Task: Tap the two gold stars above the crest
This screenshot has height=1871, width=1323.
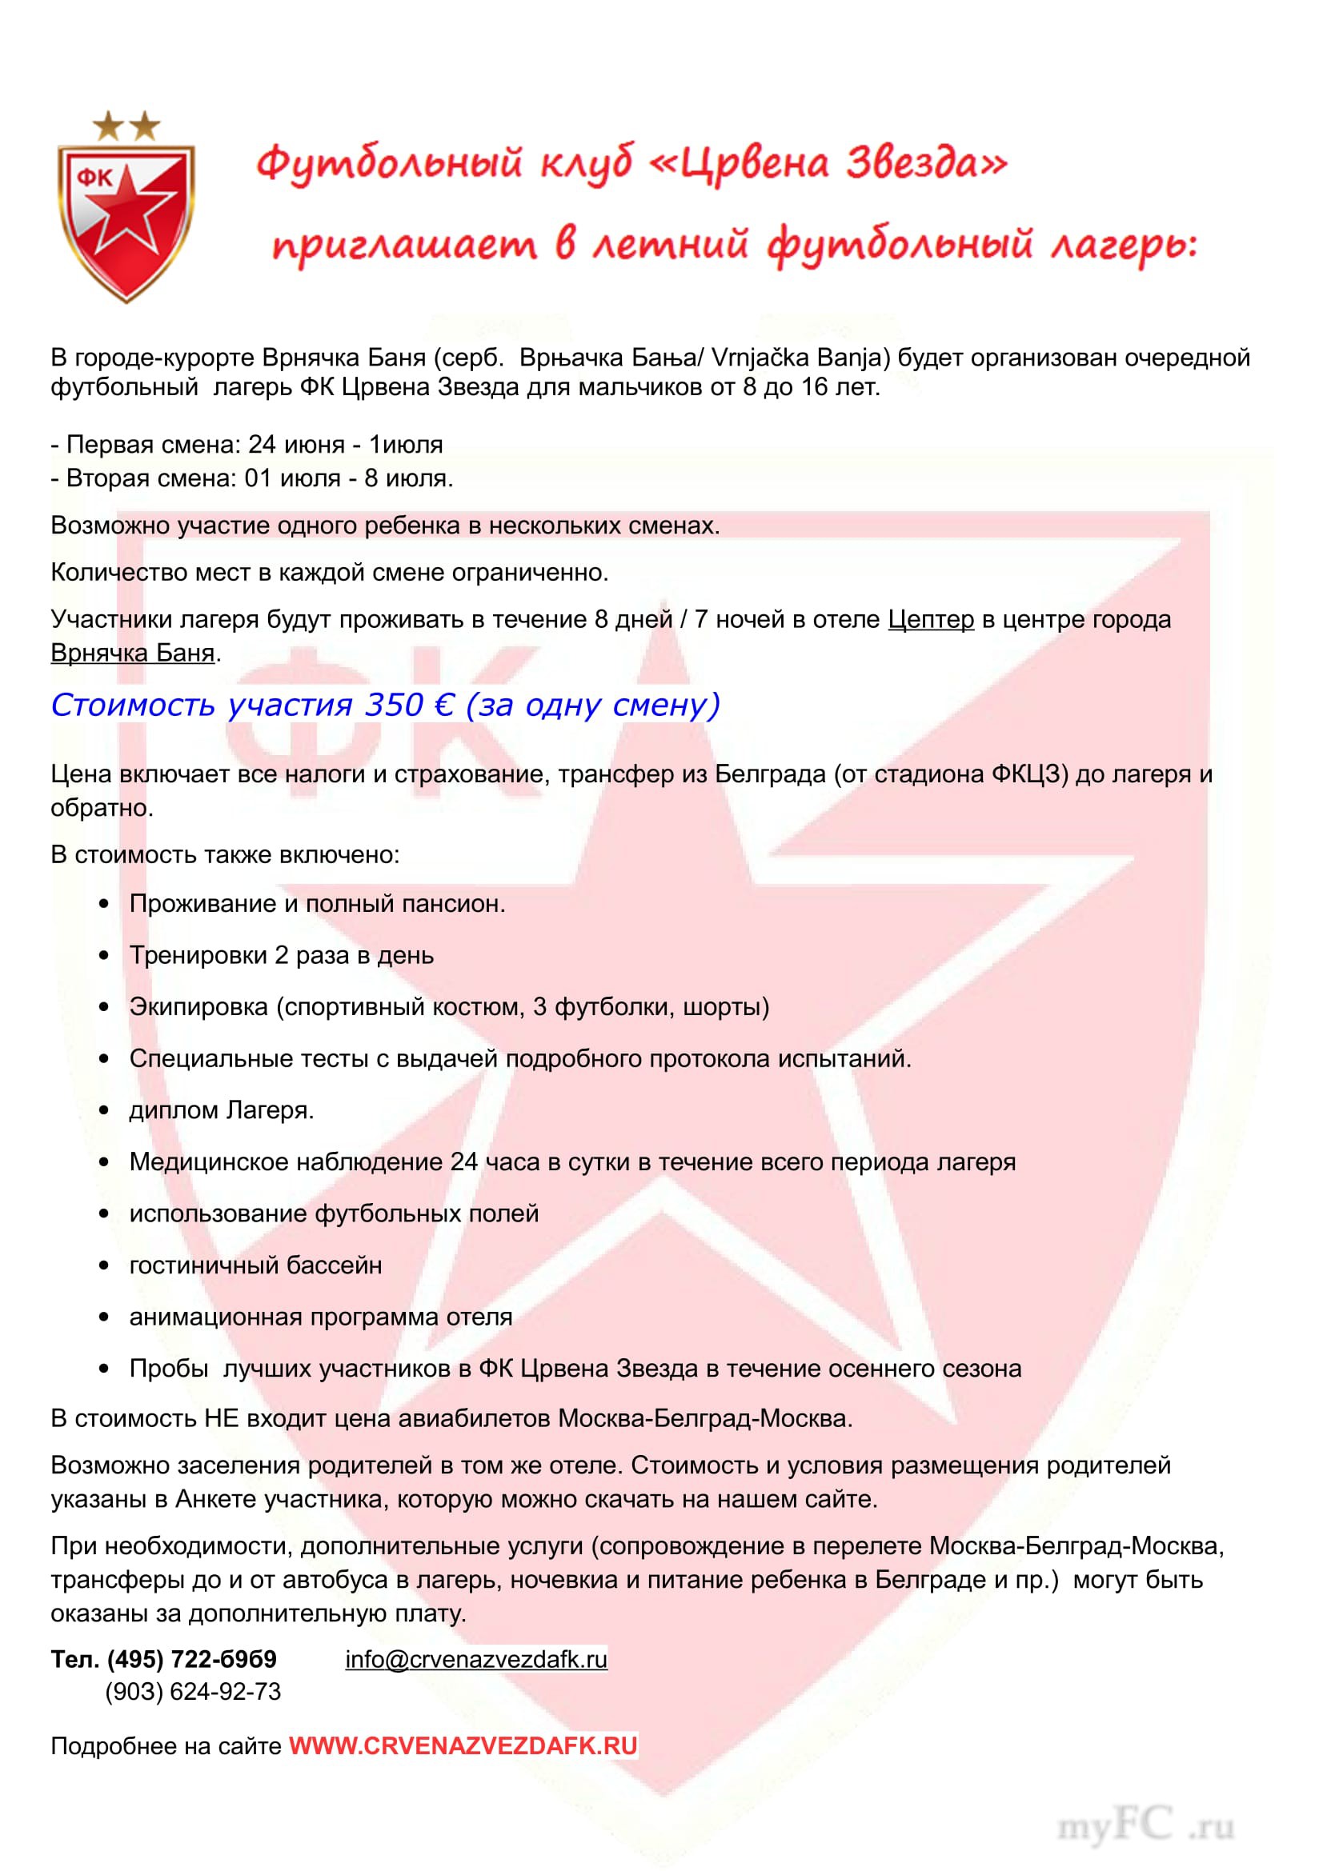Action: pyautogui.click(x=126, y=126)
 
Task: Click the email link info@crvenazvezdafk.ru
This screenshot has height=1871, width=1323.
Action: pyautogui.click(x=476, y=1659)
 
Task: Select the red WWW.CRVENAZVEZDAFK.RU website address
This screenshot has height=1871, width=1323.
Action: pyautogui.click(x=463, y=1745)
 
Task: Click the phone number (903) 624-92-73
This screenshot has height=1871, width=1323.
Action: pyautogui.click(x=192, y=1692)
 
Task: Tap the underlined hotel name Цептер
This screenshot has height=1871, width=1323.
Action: pyautogui.click(x=930, y=619)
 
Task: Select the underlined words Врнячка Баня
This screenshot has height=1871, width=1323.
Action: pyautogui.click(x=133, y=653)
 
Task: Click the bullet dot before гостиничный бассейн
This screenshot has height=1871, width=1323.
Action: pyautogui.click(x=103, y=1265)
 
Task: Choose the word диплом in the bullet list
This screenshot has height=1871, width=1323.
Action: pyautogui.click(x=174, y=1111)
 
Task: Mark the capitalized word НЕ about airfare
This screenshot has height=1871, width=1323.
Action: pyautogui.click(x=220, y=1419)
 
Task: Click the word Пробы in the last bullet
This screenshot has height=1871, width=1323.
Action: pyautogui.click(x=169, y=1368)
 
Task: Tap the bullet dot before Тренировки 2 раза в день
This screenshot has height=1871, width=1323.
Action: pyautogui.click(x=103, y=956)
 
